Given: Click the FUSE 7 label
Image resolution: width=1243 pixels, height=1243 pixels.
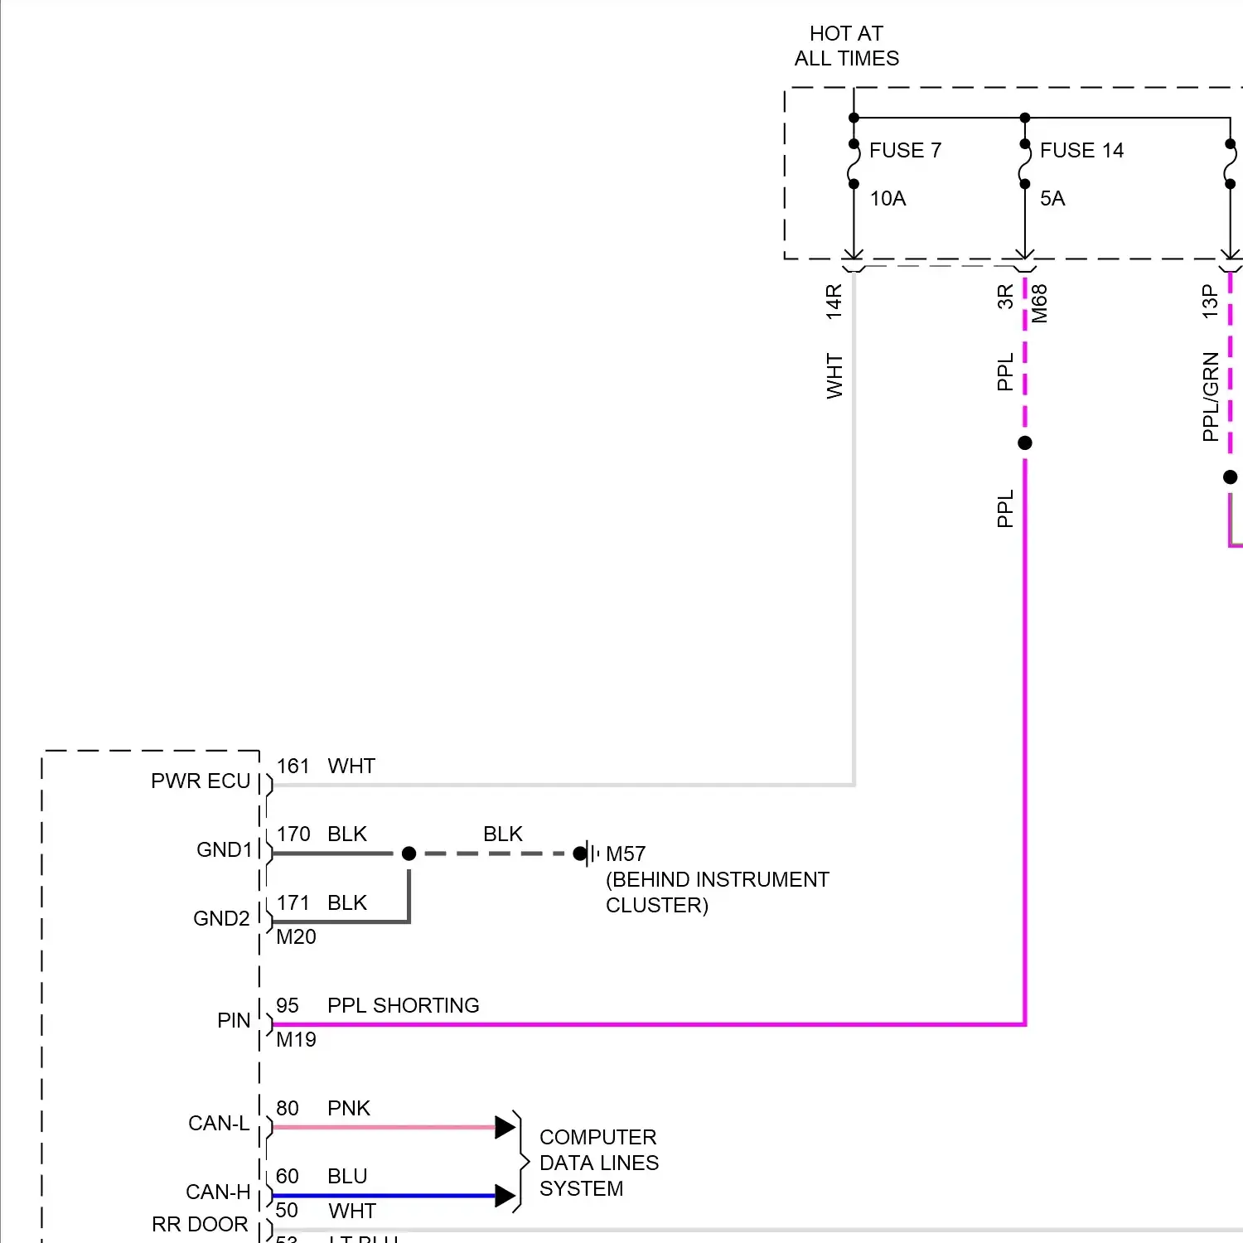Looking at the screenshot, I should [x=905, y=150].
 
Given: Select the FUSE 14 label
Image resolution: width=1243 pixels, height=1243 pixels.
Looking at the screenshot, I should [x=1081, y=150].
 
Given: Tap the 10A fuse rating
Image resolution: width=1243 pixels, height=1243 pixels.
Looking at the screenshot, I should [x=888, y=198].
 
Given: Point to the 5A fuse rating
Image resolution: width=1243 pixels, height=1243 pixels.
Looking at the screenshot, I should [x=1052, y=198].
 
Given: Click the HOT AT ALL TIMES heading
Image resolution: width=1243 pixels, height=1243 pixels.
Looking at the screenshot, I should [x=846, y=46].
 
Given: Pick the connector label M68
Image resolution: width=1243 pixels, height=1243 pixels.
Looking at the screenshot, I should [x=1040, y=303].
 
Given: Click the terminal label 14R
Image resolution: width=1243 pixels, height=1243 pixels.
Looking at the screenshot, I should [x=834, y=302].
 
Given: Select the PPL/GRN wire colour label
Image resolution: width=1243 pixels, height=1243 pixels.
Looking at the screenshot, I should [x=1211, y=396].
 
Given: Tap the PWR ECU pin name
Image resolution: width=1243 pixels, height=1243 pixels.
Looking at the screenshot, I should [x=201, y=781].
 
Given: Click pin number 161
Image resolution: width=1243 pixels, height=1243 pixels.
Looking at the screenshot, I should [x=293, y=766].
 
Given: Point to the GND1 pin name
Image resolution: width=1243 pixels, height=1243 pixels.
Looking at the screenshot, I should [x=224, y=849].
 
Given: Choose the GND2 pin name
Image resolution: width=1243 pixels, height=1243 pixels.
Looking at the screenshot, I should [x=221, y=918].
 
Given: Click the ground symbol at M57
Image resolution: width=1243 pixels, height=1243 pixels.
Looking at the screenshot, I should [x=589, y=854].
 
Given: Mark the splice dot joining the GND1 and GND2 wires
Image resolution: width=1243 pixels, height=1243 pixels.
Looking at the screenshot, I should [x=409, y=854].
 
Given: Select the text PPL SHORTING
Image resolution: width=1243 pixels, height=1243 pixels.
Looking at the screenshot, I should [x=403, y=1005].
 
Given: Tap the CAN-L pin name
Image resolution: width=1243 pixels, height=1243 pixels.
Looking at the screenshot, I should [x=219, y=1123].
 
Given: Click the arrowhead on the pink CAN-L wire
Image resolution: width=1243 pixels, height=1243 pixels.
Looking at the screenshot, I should [x=505, y=1127].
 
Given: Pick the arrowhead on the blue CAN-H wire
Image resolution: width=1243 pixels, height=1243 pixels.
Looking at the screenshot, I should [x=505, y=1195].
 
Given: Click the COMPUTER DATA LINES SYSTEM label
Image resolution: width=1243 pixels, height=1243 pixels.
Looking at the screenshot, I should [x=598, y=1163].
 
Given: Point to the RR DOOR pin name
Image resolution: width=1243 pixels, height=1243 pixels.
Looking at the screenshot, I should [x=200, y=1224].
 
